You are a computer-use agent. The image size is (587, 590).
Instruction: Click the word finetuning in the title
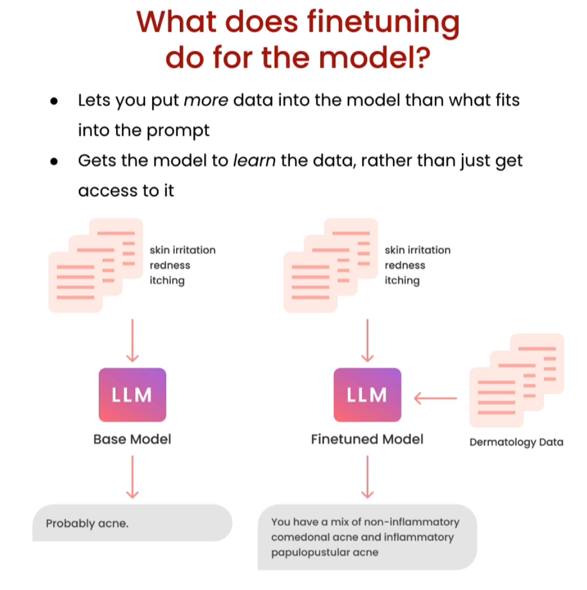coord(383,23)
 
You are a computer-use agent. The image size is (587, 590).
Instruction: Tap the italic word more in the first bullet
coord(206,100)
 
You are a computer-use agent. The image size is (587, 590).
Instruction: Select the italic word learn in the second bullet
coord(254,160)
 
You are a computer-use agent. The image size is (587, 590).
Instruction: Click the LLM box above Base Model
coord(133,394)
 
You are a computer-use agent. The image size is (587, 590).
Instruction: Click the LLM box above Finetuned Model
coord(368,394)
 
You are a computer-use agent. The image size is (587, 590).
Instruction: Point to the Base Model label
coord(132,439)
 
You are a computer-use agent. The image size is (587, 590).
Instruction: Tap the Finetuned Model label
coord(367,439)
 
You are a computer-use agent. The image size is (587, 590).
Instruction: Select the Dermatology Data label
coord(516,442)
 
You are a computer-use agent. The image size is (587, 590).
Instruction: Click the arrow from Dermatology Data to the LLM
coord(435,398)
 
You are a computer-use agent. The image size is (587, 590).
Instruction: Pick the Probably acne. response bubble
coord(132,523)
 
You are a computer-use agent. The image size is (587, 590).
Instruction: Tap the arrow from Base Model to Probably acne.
coord(133,477)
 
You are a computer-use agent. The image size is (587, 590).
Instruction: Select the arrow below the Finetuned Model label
coord(368,477)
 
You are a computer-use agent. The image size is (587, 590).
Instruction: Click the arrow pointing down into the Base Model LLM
coord(133,340)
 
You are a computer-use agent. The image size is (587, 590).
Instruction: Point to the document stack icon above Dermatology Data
coord(517,380)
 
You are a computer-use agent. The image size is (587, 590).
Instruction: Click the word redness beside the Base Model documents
coord(170,265)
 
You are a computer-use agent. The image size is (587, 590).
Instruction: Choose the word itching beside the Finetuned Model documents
coord(402,280)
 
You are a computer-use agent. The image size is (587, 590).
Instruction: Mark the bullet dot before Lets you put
coord(54,101)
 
